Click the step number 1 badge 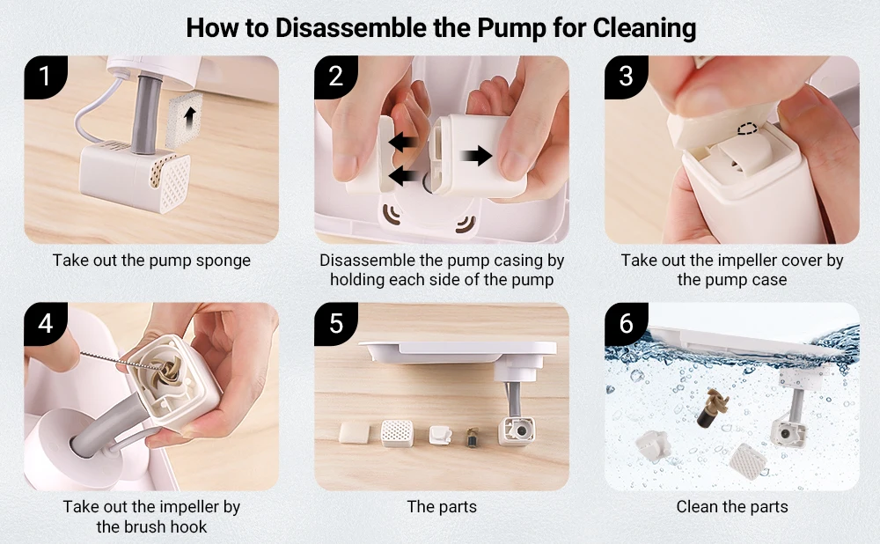(45, 76)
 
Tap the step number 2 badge (335, 76)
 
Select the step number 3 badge (626, 76)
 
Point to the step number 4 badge (45, 323)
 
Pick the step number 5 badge (335, 323)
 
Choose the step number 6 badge (626, 323)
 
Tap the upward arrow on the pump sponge (192, 119)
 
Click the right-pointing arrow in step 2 (476, 156)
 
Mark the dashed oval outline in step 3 (747, 129)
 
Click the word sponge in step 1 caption (223, 261)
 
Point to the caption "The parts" (442, 506)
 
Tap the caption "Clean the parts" (732, 506)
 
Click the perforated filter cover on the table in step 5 (397, 433)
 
